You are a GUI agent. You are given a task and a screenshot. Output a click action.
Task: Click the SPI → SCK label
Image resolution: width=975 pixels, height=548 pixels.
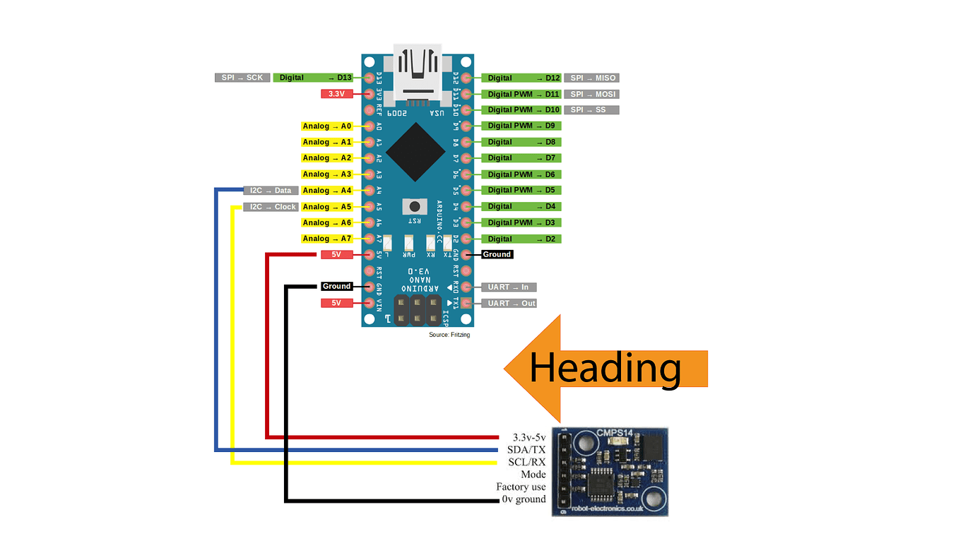tap(242, 78)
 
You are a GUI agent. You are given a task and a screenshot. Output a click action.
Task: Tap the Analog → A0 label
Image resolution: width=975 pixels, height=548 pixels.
tap(326, 126)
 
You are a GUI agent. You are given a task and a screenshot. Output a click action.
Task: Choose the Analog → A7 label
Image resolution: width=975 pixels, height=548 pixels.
tap(326, 239)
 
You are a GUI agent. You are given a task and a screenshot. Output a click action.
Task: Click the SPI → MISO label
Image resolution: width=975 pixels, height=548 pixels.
tap(591, 78)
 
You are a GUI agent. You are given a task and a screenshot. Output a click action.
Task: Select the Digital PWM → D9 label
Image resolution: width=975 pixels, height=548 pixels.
tap(521, 126)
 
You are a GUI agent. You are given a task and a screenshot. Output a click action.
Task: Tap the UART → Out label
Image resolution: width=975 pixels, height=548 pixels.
tap(509, 303)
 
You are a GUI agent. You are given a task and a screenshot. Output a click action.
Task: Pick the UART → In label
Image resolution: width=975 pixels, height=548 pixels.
tap(509, 287)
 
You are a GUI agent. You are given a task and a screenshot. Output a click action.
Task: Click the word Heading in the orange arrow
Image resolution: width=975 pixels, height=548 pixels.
tap(605, 369)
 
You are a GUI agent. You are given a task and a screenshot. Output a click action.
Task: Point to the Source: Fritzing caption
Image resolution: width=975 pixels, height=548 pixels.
tap(449, 335)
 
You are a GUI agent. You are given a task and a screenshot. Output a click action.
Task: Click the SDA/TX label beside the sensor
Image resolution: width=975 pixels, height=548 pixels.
tap(526, 450)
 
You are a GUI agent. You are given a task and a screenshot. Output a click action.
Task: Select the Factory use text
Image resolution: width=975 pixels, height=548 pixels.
tap(521, 487)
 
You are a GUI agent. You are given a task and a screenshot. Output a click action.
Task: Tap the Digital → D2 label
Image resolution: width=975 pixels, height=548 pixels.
tap(521, 239)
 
